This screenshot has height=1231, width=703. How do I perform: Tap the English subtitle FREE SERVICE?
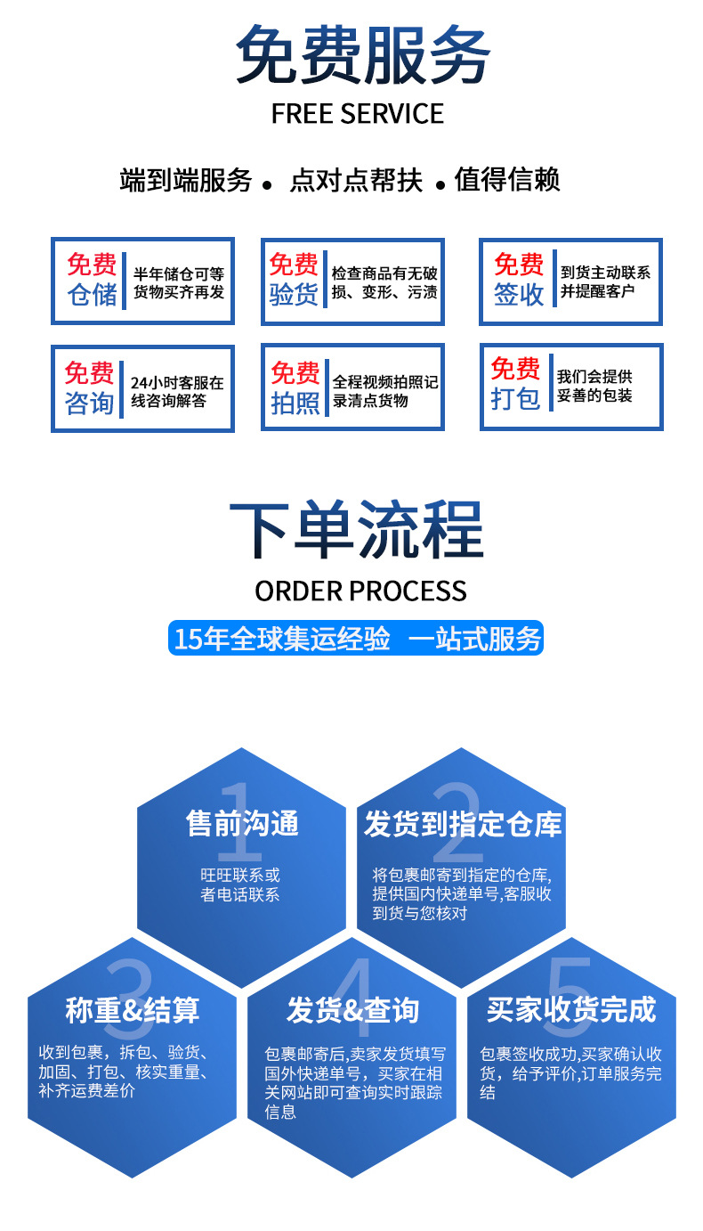(357, 114)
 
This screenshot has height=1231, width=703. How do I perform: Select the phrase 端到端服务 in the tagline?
(186, 180)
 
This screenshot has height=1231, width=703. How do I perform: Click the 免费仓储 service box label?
(92, 280)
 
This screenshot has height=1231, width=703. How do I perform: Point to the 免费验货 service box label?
(294, 280)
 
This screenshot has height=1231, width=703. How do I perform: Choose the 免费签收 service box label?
(518, 280)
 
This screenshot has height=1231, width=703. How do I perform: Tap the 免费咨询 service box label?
(89, 388)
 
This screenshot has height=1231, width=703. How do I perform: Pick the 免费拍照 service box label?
(295, 388)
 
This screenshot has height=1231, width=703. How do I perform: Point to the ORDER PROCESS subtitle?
(360, 591)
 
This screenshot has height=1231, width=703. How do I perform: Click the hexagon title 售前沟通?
(241, 823)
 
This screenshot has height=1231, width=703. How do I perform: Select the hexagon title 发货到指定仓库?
(463, 823)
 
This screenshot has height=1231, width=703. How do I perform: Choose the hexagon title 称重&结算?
(132, 1010)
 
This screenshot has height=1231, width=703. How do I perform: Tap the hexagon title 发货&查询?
(352, 1010)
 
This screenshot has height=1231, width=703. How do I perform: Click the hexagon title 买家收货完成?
(571, 1010)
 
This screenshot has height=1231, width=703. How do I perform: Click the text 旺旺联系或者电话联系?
(240, 885)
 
